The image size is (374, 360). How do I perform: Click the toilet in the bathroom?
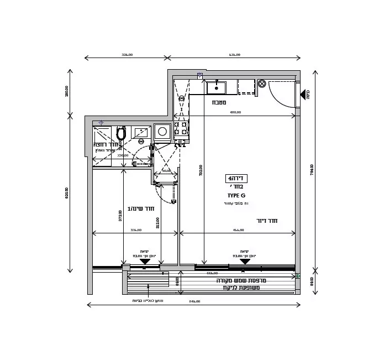[x=122, y=133]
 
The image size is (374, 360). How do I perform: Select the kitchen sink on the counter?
[x=216, y=87]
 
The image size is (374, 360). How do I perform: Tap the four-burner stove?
[x=181, y=128]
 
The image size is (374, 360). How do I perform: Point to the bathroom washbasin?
[x=141, y=133]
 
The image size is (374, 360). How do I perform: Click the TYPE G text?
[x=236, y=195]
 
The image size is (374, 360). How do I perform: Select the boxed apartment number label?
[x=236, y=178]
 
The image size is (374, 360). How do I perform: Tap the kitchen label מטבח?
[x=219, y=102]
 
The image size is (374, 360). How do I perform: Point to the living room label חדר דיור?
[x=267, y=221]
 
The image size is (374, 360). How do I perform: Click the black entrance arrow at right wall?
[x=303, y=95]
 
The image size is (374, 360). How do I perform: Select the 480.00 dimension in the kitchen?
[x=235, y=113]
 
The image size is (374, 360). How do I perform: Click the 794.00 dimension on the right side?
[x=312, y=169]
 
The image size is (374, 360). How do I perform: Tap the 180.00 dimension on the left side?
[x=67, y=91]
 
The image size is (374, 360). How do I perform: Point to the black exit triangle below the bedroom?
[x=145, y=262]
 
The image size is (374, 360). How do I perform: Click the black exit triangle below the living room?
[x=244, y=262]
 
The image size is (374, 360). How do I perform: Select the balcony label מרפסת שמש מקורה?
[x=241, y=280]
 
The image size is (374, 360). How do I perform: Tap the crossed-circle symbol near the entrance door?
[x=262, y=84]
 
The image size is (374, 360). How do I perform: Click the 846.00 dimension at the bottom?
[x=194, y=301]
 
